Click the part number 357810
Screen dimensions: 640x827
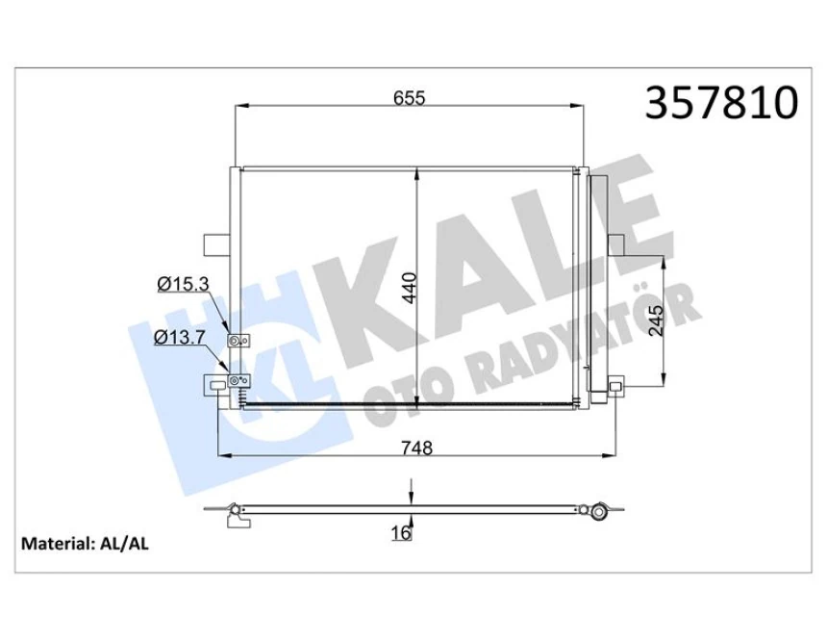(721, 103)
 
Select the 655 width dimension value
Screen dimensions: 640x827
(409, 98)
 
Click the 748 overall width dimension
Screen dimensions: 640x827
(414, 448)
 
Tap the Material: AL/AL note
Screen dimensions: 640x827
(86, 543)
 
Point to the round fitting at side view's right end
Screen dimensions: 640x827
(599, 509)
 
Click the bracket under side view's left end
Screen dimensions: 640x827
(236, 521)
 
